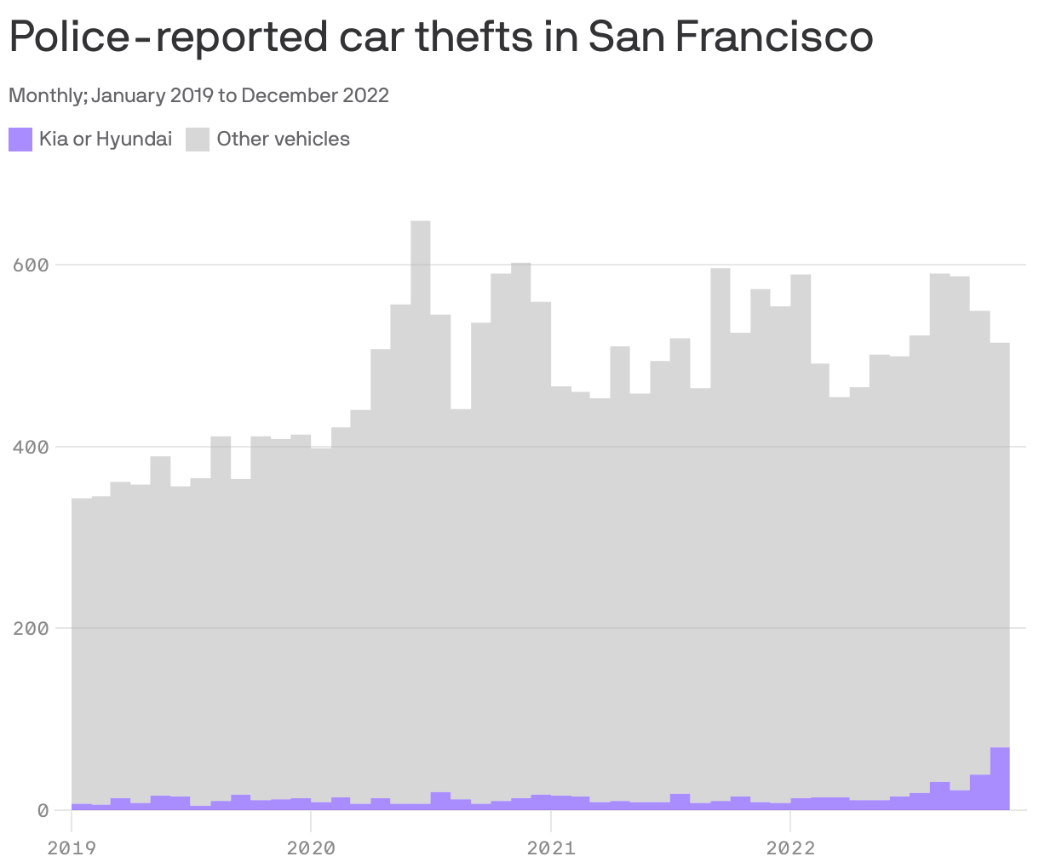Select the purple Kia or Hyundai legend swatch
coord(20,140)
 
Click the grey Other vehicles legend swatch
coord(198,140)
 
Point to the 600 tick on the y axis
coord(30,265)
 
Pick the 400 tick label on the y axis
coord(30,447)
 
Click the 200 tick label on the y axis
coord(30,629)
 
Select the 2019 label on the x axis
coord(72,848)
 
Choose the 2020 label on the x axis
coord(311,848)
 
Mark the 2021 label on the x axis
coord(551,848)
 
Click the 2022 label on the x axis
coord(790,848)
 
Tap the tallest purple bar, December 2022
coord(1000,779)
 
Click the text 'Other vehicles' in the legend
coord(284,140)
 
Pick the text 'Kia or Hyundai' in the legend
coord(106,140)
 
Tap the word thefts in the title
coord(466,37)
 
